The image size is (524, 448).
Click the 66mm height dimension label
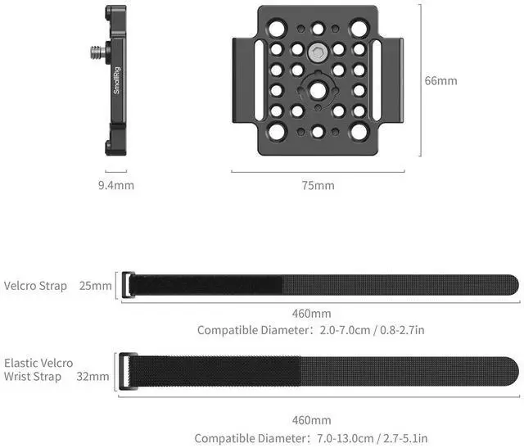(x=440, y=80)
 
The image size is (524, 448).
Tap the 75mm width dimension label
(x=318, y=185)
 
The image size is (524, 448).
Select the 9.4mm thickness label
(x=116, y=185)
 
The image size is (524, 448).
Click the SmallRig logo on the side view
(x=116, y=80)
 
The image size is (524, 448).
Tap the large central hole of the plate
(x=318, y=90)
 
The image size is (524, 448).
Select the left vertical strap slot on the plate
(x=259, y=80)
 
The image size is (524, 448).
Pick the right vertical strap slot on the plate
(x=377, y=80)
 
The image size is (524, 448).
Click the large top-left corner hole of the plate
(x=277, y=28)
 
